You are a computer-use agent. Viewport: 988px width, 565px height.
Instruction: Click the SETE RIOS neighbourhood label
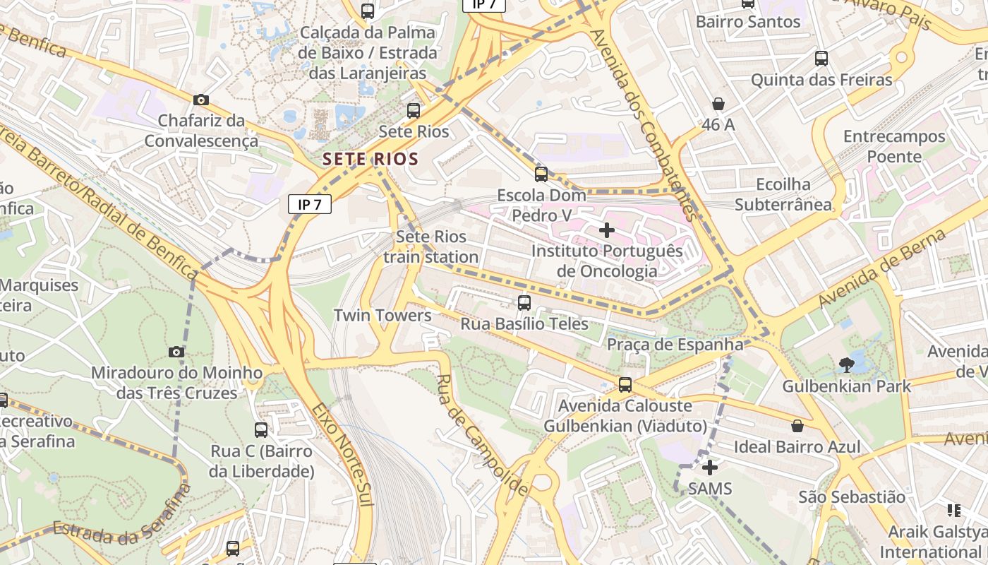pos(370,159)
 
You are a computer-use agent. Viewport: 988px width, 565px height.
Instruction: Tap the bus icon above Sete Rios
pos(414,111)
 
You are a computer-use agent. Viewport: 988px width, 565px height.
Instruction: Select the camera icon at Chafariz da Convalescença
pos(201,100)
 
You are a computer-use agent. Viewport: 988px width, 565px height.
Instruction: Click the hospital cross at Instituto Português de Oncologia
pos(607,230)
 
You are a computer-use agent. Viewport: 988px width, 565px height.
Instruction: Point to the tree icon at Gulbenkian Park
pos(846,365)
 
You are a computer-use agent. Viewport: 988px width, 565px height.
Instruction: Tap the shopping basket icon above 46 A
pos(718,104)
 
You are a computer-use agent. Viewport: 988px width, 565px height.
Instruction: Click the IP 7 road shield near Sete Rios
pos(310,205)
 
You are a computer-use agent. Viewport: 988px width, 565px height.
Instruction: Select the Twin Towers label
pos(382,316)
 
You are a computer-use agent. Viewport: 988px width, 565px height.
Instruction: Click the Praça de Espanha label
pos(675,345)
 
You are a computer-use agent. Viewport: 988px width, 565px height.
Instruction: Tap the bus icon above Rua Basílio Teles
pos(524,303)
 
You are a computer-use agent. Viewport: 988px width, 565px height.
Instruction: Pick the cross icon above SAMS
pos(710,468)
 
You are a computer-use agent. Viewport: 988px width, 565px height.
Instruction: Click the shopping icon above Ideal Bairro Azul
pos(797,426)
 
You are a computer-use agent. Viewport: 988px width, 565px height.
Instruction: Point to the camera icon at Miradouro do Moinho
pos(176,352)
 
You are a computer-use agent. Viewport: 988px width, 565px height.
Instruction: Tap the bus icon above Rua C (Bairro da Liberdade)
pos(261,429)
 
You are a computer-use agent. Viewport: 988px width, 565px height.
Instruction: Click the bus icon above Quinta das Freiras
pos(821,59)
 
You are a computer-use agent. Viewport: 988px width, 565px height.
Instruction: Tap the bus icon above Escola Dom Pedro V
pos(541,174)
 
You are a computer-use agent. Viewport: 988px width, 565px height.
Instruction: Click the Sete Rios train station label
pos(430,246)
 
